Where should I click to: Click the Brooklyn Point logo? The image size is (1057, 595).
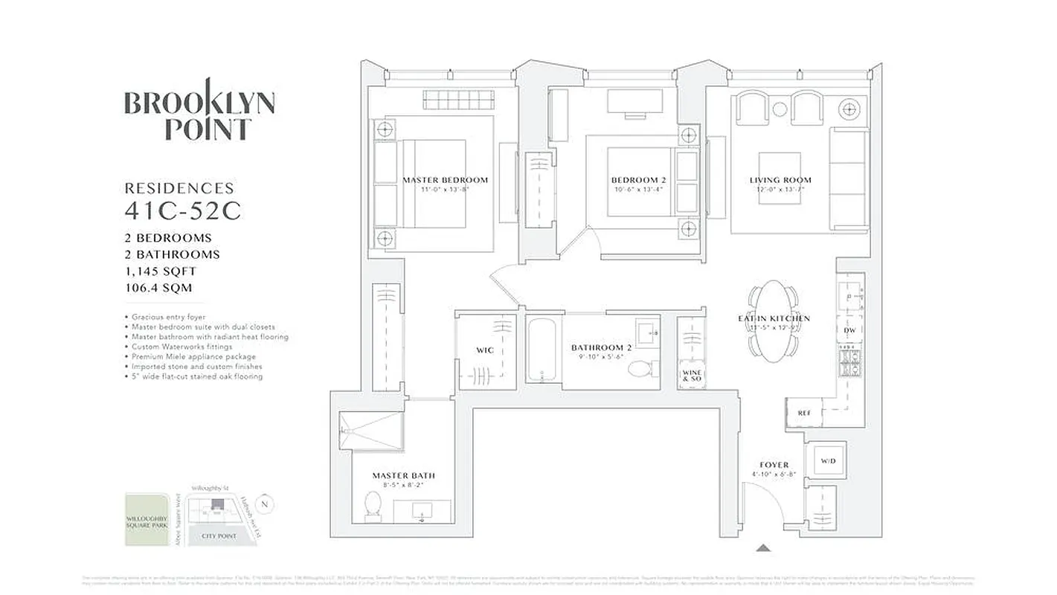(199, 113)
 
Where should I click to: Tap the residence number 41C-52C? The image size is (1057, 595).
(182, 211)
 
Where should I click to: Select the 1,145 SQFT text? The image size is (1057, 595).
(161, 271)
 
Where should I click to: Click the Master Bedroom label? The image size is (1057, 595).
(445, 180)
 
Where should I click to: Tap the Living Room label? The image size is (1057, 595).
(780, 180)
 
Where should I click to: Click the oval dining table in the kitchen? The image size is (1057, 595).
(774, 320)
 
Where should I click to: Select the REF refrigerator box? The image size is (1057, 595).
(804, 413)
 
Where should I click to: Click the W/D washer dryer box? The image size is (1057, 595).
(828, 461)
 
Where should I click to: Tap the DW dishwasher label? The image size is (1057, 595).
(849, 330)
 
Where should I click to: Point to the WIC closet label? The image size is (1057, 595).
(485, 350)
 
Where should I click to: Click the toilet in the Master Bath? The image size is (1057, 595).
(373, 506)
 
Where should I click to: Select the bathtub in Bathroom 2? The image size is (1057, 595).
(544, 352)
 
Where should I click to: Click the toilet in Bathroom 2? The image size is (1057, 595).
(640, 368)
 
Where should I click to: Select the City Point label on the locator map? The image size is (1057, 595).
(218, 535)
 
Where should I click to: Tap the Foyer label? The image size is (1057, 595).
(774, 465)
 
